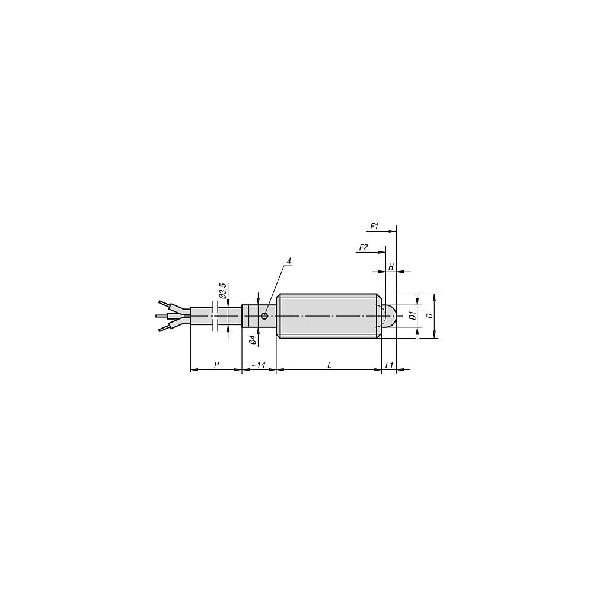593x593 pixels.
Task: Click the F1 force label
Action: point(374,227)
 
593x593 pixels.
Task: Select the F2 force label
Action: point(363,247)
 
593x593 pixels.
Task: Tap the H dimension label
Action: point(391,267)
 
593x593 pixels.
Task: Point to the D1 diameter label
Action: point(413,315)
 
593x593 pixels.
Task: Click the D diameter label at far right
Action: point(429,315)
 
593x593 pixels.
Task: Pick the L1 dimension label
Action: point(389,365)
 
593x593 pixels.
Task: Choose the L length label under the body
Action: point(329,365)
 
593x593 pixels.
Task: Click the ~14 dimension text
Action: point(259,365)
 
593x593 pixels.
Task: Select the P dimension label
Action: point(216,365)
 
